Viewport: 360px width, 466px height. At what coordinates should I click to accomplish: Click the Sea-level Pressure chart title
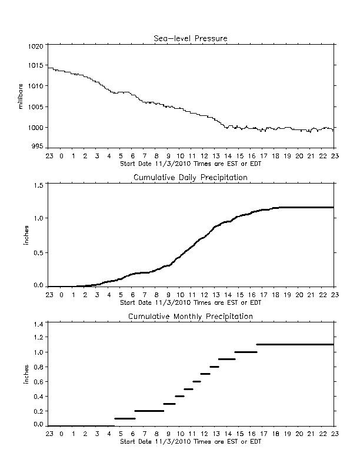[x=191, y=38]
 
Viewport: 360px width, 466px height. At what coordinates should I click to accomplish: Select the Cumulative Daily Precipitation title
[x=191, y=178]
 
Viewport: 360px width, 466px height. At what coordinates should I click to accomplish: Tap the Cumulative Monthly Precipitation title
[x=191, y=317]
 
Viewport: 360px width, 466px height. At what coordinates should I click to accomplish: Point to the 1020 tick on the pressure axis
[x=36, y=46]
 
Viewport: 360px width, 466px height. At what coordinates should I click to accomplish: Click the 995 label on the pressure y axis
[x=38, y=147]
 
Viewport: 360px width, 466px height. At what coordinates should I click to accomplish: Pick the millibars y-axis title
[x=20, y=96]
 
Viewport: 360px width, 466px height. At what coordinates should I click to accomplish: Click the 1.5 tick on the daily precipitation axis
[x=39, y=185]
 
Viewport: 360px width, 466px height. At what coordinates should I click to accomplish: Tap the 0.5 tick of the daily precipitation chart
[x=39, y=253]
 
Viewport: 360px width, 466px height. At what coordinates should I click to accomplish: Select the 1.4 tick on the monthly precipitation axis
[x=39, y=324]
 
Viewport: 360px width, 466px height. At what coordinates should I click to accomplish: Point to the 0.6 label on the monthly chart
[x=39, y=382]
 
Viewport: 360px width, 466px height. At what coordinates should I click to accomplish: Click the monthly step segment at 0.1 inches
[x=125, y=418]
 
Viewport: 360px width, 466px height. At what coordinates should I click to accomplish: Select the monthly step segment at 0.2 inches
[x=149, y=411]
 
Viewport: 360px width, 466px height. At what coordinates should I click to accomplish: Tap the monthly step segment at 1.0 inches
[x=246, y=352]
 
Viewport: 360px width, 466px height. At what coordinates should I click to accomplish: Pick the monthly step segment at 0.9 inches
[x=227, y=360]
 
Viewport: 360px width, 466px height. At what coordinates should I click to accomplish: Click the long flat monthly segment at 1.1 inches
[x=295, y=344]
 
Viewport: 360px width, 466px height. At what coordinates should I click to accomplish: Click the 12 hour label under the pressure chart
[x=204, y=156]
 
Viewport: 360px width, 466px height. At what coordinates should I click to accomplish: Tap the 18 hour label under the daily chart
[x=275, y=295]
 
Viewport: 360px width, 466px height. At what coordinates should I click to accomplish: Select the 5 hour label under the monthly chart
[x=121, y=434]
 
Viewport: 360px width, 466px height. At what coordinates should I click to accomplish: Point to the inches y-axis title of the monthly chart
[x=26, y=374]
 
